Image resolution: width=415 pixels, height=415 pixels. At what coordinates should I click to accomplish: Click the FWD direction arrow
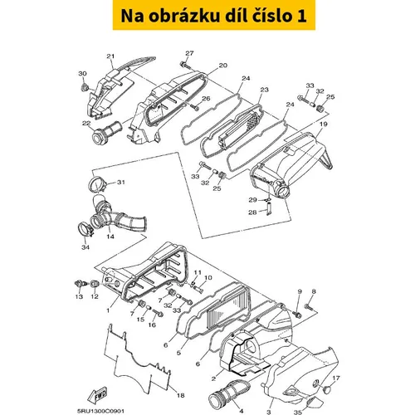[97, 396]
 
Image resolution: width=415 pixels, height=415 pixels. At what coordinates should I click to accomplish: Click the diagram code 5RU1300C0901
[100, 412]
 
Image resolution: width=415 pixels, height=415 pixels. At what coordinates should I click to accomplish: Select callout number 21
[110, 56]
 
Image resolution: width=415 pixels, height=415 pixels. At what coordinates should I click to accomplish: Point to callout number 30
[82, 74]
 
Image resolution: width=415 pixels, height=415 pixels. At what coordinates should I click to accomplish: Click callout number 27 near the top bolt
[189, 53]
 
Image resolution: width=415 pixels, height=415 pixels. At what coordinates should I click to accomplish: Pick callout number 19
[324, 124]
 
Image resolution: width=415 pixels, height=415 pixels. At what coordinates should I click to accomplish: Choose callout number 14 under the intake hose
[110, 237]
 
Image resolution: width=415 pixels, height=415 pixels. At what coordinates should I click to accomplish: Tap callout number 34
[85, 247]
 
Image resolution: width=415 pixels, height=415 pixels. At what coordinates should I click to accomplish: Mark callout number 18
[181, 396]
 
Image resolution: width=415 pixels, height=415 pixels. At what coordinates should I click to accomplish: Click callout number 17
[336, 378]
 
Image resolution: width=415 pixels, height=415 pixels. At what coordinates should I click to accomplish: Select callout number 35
[297, 413]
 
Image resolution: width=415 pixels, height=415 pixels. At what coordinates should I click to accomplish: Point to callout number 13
[79, 296]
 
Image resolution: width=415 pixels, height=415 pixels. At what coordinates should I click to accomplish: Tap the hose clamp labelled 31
[98, 183]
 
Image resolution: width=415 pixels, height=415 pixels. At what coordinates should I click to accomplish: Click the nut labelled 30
[84, 88]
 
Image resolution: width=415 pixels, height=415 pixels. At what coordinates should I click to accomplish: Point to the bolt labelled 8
[308, 306]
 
